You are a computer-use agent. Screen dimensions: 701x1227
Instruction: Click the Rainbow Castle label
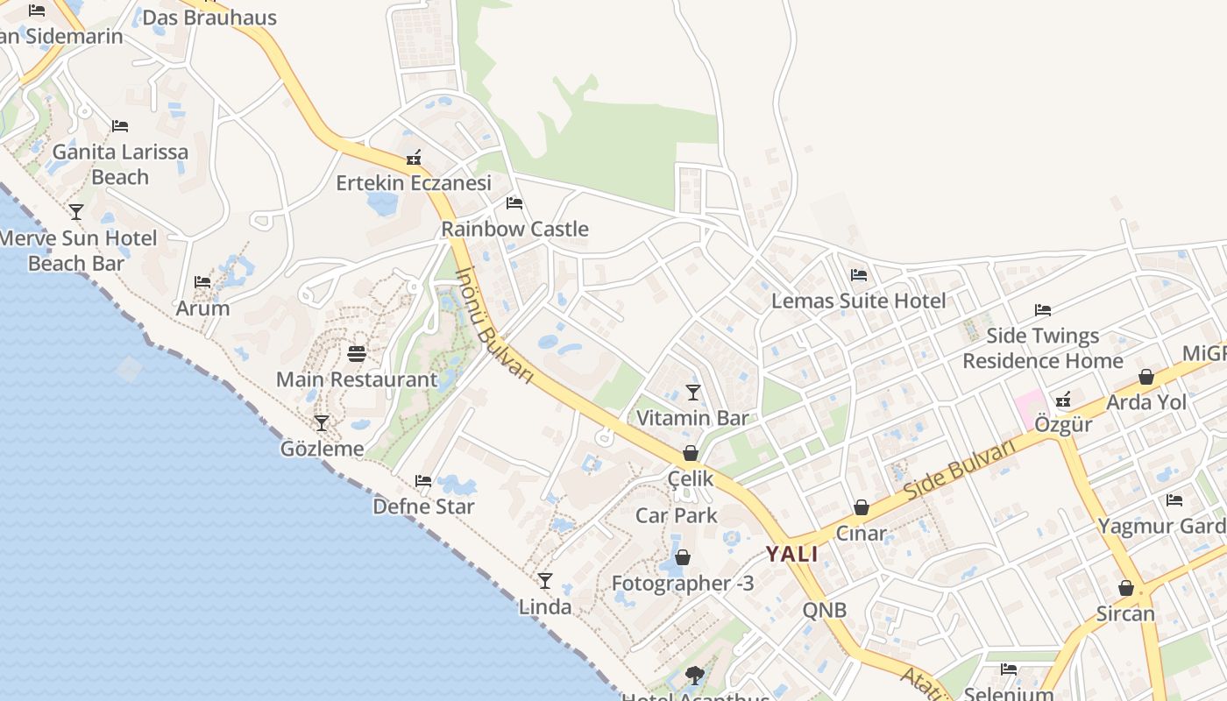click(x=514, y=230)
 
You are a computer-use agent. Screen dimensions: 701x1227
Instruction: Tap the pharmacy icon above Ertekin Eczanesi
click(x=415, y=159)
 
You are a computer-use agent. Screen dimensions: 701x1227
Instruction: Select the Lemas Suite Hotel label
click(x=858, y=301)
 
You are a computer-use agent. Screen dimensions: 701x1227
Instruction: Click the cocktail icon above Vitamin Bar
click(x=693, y=392)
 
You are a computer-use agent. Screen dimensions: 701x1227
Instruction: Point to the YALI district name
click(x=792, y=554)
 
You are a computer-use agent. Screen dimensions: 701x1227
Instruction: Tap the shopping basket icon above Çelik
click(x=691, y=453)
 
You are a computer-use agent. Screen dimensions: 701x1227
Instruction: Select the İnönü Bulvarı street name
click(x=494, y=323)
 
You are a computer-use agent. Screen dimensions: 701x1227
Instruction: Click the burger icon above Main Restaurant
click(x=357, y=354)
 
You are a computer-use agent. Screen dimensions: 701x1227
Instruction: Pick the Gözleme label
click(x=322, y=450)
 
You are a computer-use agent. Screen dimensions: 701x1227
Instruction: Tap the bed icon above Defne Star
click(x=423, y=481)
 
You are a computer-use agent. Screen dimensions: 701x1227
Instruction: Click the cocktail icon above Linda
click(x=545, y=581)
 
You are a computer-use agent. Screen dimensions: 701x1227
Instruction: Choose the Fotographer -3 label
click(x=683, y=584)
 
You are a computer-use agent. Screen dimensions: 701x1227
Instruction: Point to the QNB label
click(x=825, y=611)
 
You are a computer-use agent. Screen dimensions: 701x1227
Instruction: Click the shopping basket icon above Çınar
click(x=862, y=507)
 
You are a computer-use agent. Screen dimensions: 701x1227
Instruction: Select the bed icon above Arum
click(x=202, y=282)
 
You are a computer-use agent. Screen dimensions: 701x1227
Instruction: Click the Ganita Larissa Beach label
click(x=120, y=165)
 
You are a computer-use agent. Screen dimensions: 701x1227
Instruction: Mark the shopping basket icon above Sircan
click(x=1126, y=588)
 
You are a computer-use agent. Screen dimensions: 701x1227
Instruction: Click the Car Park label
click(x=677, y=515)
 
